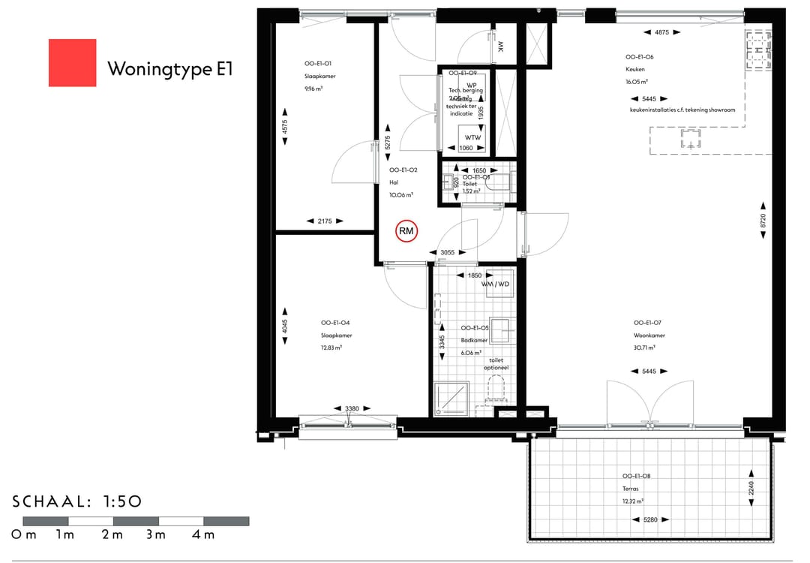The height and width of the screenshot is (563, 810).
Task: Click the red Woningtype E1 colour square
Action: (x=72, y=62)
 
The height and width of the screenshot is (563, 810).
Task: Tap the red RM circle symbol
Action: (x=406, y=232)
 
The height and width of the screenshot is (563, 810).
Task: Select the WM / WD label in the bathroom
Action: (x=496, y=285)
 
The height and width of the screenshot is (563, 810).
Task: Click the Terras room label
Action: (x=631, y=488)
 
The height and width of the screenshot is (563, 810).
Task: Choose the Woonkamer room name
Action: (x=646, y=336)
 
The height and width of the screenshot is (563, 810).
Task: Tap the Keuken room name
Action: (x=635, y=69)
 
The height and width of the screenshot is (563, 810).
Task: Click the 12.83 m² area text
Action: (x=331, y=348)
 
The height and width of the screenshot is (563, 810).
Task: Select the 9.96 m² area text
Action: (x=313, y=89)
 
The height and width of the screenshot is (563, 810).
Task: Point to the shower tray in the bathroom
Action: (x=451, y=399)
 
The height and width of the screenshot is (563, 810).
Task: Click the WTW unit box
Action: (x=472, y=137)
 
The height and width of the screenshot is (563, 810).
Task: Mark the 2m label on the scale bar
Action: (x=112, y=535)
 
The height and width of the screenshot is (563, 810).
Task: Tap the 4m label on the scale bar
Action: (x=203, y=535)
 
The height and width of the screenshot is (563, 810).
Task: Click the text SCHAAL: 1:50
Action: (x=77, y=501)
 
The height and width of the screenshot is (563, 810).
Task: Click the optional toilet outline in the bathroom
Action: (x=496, y=388)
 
